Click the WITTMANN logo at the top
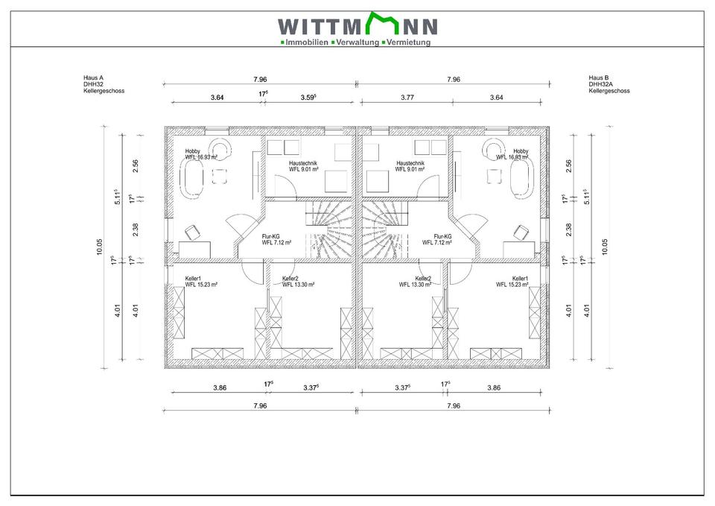tap(357, 26)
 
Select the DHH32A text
tap(600, 84)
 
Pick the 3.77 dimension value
tap(407, 97)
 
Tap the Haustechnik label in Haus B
tap(410, 163)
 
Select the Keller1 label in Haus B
tap(520, 278)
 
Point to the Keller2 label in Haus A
tap(290, 278)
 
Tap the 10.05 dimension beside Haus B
tap(605, 247)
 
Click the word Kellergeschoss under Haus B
tap(609, 91)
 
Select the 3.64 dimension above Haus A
tap(217, 97)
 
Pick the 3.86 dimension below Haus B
tap(493, 388)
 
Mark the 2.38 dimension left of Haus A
tap(135, 229)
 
